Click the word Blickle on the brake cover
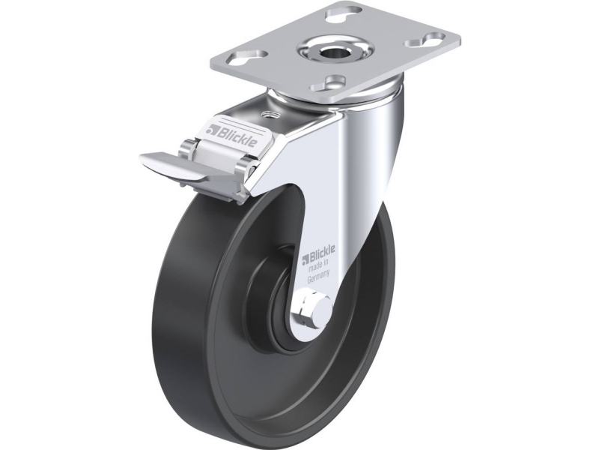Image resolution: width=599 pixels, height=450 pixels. click(236, 136)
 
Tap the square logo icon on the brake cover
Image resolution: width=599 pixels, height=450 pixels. click(210, 130)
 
